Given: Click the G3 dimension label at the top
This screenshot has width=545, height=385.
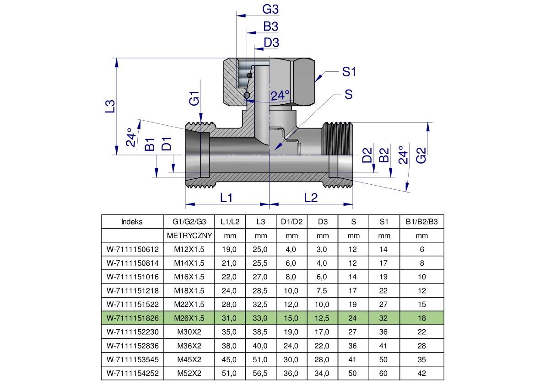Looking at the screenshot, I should click(x=270, y=9).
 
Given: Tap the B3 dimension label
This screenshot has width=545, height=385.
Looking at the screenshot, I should click(x=270, y=27).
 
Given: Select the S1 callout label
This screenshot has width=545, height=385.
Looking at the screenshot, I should click(x=349, y=72).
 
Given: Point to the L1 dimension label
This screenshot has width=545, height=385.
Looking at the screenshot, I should click(x=227, y=198).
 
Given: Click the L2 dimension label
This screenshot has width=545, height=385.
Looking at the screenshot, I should click(x=311, y=198).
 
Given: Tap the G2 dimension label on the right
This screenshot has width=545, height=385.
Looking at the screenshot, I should click(x=421, y=155).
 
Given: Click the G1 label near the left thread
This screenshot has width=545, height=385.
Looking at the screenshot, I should click(x=194, y=98).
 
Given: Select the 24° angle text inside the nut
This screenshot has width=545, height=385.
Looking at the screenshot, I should click(x=280, y=96).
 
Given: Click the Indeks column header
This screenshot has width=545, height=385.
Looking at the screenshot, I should click(x=132, y=222).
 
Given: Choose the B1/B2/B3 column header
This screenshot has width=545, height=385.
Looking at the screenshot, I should click(x=421, y=222).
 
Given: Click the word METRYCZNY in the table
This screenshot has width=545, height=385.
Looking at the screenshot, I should click(x=189, y=236).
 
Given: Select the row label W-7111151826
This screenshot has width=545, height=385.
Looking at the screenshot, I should click(x=132, y=318).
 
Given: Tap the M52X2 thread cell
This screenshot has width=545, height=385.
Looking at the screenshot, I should click(x=189, y=373).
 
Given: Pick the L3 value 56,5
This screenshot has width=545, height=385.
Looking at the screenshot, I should click(x=261, y=373).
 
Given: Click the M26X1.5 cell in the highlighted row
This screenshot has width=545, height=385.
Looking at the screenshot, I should click(x=189, y=318).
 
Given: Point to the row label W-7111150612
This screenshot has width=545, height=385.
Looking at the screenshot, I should click(x=132, y=249).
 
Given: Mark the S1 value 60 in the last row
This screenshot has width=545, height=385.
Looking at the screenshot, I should click(x=383, y=373).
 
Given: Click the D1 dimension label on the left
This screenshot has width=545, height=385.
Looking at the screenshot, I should click(x=167, y=144).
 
